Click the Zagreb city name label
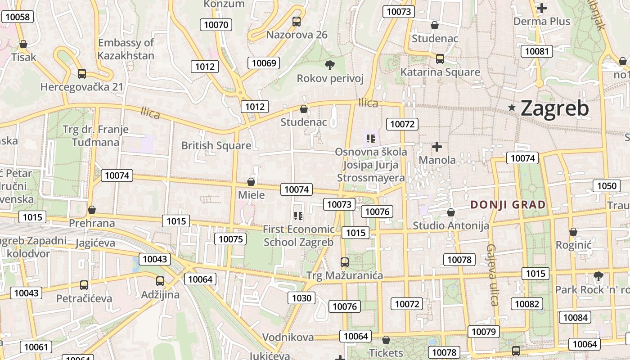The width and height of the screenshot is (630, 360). [x=554, y=108]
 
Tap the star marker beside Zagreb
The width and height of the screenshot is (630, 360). [x=512, y=108]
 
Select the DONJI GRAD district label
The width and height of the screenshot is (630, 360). [x=508, y=205]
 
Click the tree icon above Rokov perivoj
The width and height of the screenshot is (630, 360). [x=330, y=65]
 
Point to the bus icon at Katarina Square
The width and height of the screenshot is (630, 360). [x=440, y=59]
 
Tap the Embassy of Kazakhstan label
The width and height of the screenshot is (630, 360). [x=126, y=49]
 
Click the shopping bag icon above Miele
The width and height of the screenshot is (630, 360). [x=251, y=182]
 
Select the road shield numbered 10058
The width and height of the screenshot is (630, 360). [x=18, y=17]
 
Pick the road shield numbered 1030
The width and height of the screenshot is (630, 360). [x=301, y=298]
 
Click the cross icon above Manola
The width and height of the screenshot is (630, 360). [x=436, y=147]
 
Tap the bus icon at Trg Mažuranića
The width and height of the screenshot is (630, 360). [x=344, y=262]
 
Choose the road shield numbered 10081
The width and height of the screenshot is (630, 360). [x=537, y=51]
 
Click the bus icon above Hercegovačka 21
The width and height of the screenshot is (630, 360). [x=81, y=73]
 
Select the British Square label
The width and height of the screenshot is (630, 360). [x=216, y=145]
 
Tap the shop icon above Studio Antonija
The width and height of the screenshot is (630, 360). [x=450, y=212]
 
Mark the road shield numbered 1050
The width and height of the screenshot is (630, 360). [x=607, y=186]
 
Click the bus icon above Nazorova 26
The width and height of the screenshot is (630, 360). [x=296, y=21]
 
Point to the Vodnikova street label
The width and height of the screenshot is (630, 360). [x=288, y=337]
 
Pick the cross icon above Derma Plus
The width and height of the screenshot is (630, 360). [x=542, y=8]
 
